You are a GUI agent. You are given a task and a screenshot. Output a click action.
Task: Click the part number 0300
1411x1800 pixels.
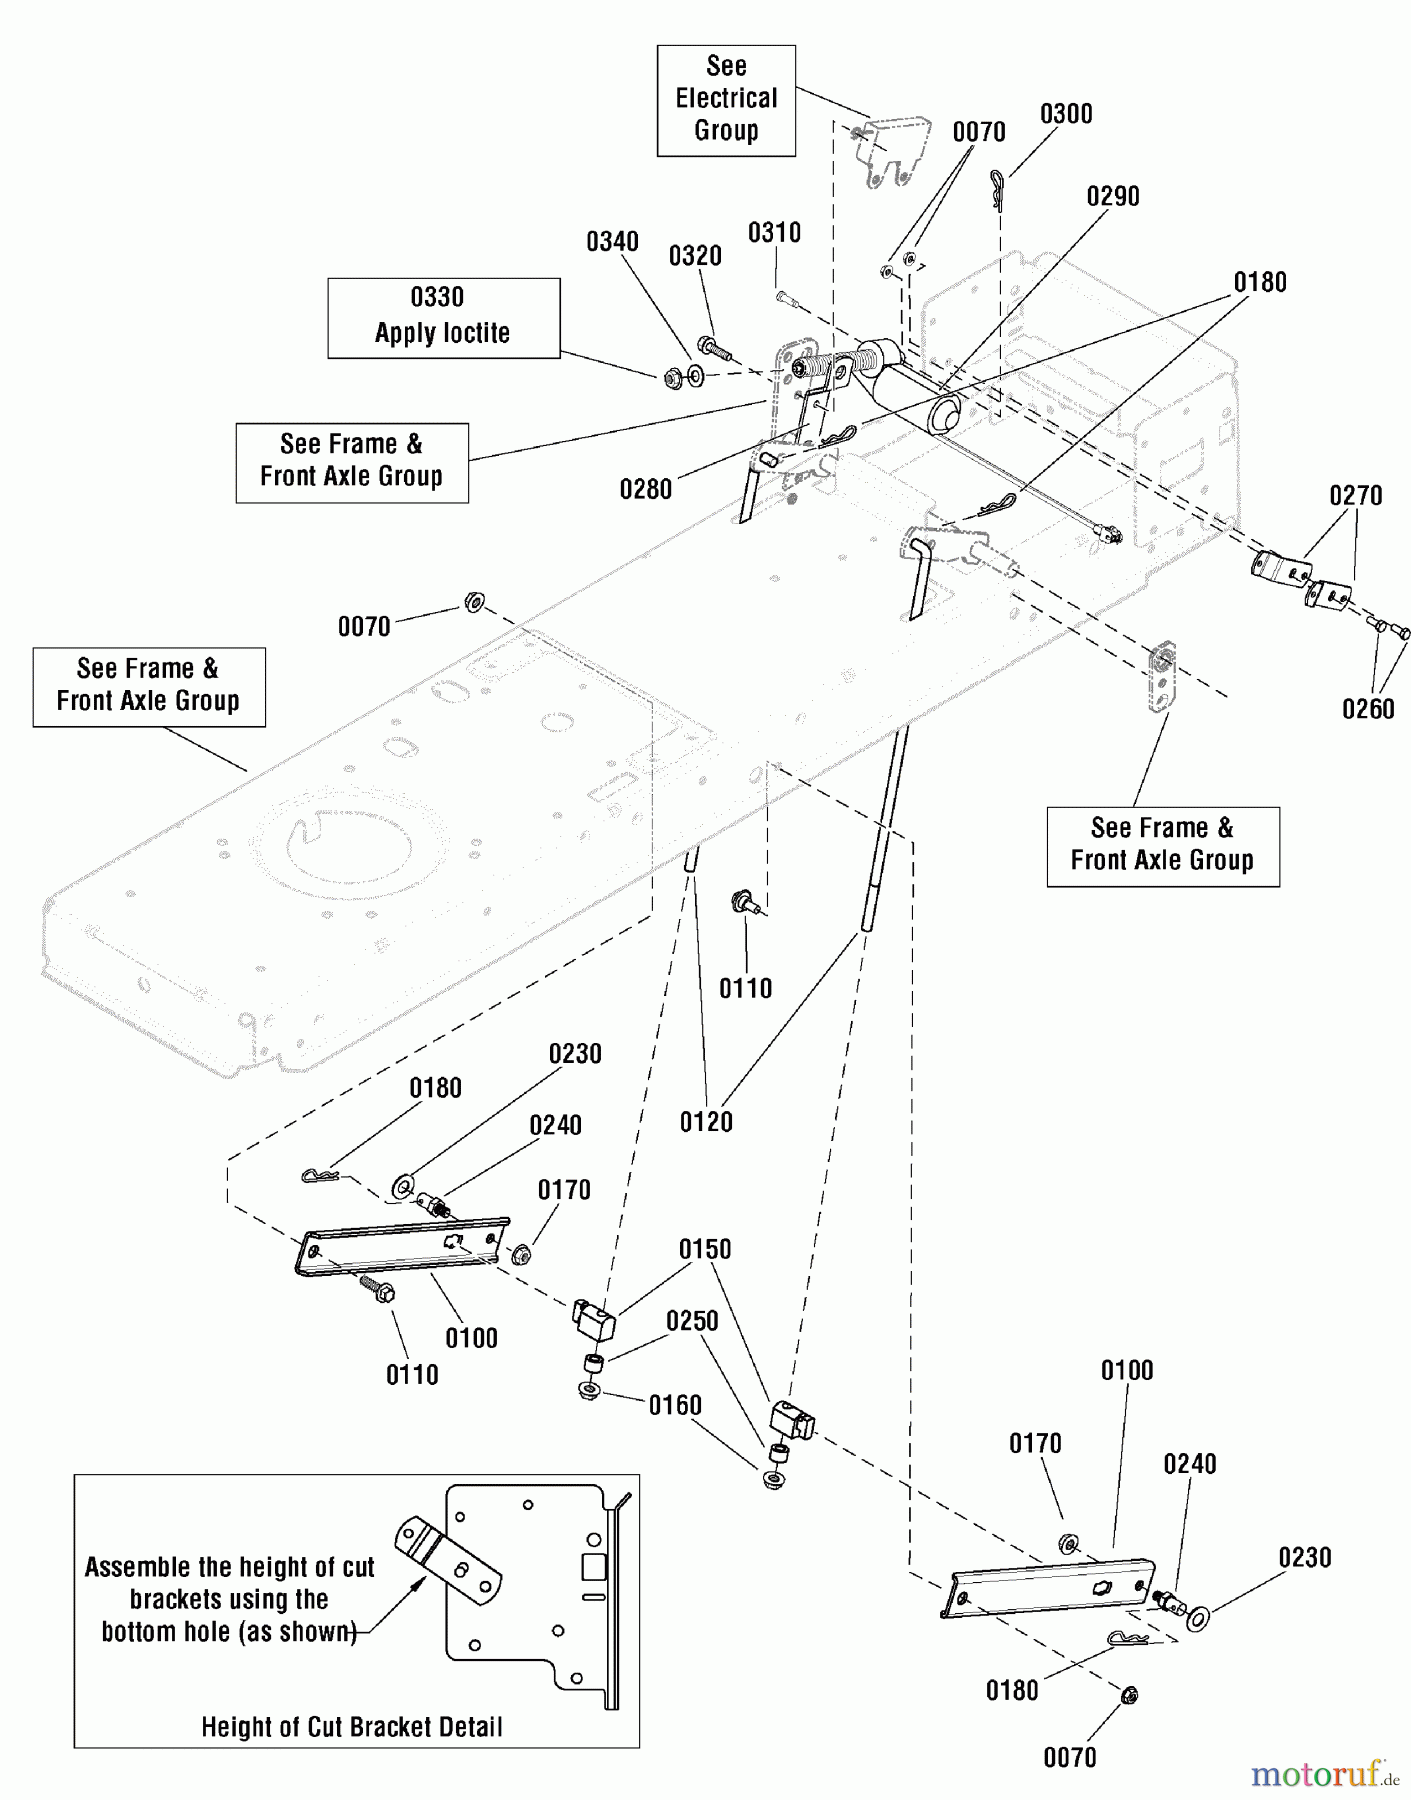[1066, 114]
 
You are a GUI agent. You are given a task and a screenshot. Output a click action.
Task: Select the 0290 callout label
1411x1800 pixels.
[1113, 196]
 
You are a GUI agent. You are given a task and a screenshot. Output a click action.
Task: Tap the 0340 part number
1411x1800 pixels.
[612, 241]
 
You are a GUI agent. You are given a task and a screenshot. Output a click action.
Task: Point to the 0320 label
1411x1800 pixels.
[695, 256]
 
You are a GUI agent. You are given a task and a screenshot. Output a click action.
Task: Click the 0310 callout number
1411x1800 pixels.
[774, 233]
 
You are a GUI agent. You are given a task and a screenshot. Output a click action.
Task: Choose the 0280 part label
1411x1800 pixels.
[645, 489]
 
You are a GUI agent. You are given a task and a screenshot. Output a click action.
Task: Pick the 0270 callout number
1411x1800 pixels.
[1355, 495]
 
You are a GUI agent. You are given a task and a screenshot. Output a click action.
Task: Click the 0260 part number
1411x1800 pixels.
[1367, 709]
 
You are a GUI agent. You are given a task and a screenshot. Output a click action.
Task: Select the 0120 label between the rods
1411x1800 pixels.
[706, 1122]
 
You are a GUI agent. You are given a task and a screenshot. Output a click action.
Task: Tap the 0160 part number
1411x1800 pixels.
[675, 1405]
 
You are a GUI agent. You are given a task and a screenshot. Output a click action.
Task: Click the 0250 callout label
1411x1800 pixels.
[692, 1321]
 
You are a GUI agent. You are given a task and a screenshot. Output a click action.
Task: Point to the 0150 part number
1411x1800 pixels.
[705, 1249]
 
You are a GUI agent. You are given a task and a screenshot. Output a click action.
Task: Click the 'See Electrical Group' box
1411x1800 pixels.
[726, 99]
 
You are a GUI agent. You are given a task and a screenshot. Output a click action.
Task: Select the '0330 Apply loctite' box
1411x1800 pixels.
[443, 317]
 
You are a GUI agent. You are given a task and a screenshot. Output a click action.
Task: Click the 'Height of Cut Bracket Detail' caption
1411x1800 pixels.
[352, 1727]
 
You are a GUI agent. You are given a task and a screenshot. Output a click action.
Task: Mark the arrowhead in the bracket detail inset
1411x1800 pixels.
[418, 1583]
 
